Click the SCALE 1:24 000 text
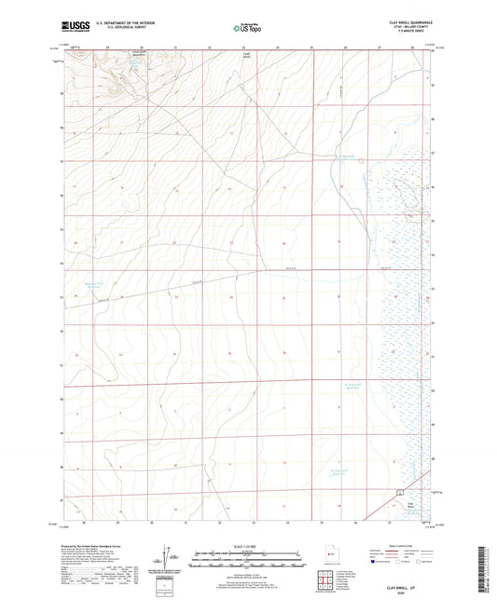tap(248, 544)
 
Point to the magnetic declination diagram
tap(171, 559)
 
